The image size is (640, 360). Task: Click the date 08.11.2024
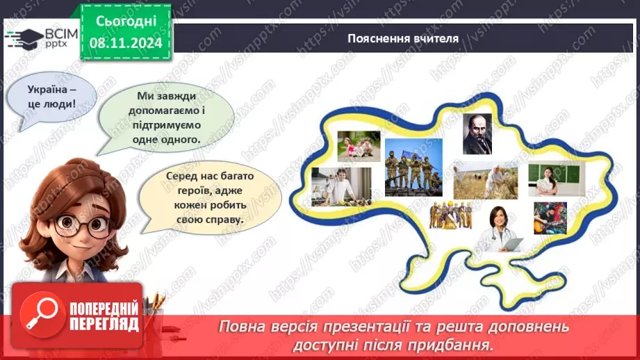[125, 43]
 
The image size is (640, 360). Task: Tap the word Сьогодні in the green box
[125, 21]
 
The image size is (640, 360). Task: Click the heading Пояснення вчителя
[403, 38]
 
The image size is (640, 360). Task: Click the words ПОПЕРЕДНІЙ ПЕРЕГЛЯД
[104, 316]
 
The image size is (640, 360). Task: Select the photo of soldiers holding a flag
[413, 167]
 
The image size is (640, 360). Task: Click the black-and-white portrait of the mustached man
[477, 133]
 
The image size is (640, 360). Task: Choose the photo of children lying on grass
[359, 146]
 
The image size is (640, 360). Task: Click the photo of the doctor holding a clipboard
[500, 229]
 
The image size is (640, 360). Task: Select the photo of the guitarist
[550, 218]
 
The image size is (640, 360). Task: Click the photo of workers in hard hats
[451, 215]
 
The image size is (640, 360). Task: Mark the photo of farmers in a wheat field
[486, 181]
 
